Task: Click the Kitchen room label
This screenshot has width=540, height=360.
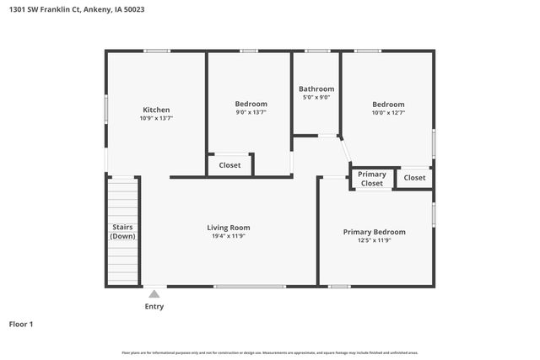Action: tap(156, 110)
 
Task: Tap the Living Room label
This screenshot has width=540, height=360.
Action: tap(229, 227)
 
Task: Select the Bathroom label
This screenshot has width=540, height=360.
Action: tap(316, 89)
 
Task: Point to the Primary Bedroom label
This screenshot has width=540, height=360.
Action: tap(374, 232)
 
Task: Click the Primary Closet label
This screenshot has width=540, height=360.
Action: tap(372, 179)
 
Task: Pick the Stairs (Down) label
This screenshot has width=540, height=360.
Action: tap(122, 231)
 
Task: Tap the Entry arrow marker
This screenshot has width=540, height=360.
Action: tap(154, 293)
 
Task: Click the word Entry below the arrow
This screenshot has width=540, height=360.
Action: tap(154, 306)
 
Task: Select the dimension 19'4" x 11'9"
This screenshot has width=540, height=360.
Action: tap(229, 236)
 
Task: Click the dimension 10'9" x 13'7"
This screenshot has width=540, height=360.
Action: tap(156, 119)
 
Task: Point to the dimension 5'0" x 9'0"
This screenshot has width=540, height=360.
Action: tap(316, 97)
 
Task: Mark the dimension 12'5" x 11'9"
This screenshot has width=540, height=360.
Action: tap(374, 240)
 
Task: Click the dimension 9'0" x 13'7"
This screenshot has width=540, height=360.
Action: tap(251, 112)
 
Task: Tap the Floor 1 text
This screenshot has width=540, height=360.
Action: tap(21, 324)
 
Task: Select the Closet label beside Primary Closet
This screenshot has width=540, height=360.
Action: tap(414, 178)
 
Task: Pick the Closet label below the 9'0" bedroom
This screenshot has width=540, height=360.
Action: tap(229, 165)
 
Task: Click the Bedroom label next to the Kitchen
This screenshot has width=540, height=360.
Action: tap(251, 104)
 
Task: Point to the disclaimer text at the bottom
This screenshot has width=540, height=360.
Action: tap(269, 352)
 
